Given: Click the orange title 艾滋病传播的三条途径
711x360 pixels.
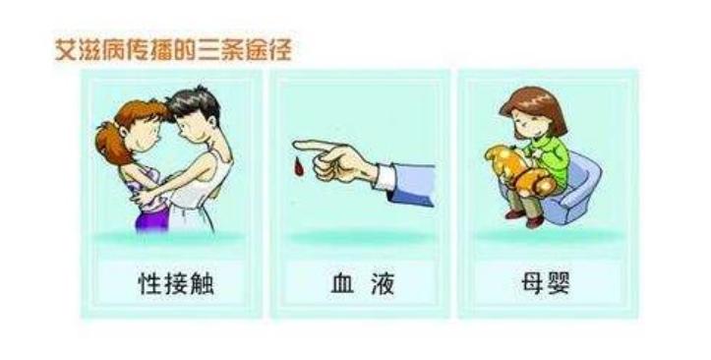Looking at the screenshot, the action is pyautogui.click(x=173, y=49).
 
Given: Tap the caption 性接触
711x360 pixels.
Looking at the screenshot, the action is pyautogui.click(x=176, y=284).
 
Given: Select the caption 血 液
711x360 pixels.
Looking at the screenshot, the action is pyautogui.click(x=363, y=284).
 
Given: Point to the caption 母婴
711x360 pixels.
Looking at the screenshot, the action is pyautogui.click(x=546, y=284).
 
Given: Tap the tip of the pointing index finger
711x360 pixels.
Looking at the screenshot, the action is pyautogui.click(x=295, y=145).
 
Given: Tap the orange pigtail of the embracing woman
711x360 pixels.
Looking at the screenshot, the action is pyautogui.click(x=109, y=141).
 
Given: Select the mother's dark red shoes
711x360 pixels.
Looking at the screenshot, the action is pyautogui.click(x=524, y=218).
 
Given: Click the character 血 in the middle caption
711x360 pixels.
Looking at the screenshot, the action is pyautogui.click(x=342, y=284).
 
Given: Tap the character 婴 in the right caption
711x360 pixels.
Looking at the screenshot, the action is pyautogui.click(x=559, y=284).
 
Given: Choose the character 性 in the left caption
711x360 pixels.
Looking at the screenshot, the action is pyautogui.click(x=149, y=284).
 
